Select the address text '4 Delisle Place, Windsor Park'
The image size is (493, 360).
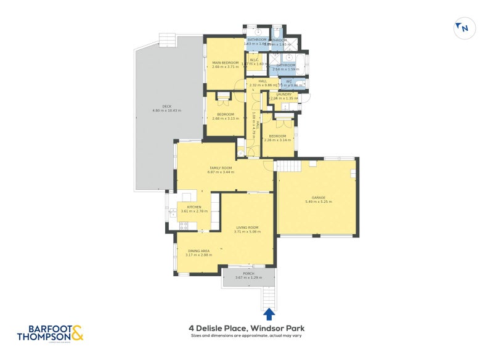tap(246, 329)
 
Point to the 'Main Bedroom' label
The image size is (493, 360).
tap(225, 63)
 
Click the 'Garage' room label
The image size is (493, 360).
tap(319, 197)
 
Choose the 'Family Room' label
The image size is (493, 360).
tap(221, 168)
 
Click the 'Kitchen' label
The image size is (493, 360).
tap(194, 207)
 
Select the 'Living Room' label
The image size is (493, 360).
tap(247, 227)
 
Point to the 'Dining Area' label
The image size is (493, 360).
tap(198, 251)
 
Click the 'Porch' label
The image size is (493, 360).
tap(248, 274)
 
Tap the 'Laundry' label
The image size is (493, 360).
tap(284, 94)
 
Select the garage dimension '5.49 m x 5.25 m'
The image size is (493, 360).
tap(319, 202)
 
